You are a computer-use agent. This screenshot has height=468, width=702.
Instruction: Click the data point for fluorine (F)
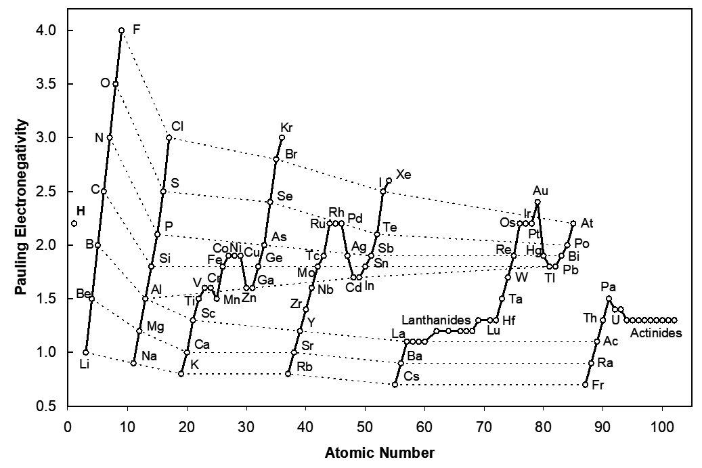tap(121, 30)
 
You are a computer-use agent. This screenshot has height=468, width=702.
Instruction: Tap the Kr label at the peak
tap(286, 127)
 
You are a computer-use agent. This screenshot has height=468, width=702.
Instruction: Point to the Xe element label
tap(403, 175)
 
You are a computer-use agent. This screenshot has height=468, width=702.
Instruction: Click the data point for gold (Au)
tap(538, 202)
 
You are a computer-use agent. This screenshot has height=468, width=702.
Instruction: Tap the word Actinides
tap(656, 333)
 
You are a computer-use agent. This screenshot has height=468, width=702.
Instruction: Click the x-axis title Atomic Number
tap(379, 452)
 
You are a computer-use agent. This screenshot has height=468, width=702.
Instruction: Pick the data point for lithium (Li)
tap(85, 352)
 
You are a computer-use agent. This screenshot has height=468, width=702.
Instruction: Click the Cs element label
tap(410, 375)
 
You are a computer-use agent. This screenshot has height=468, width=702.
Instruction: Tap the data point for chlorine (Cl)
tap(169, 137)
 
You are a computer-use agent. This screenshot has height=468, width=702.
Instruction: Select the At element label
tap(587, 222)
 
